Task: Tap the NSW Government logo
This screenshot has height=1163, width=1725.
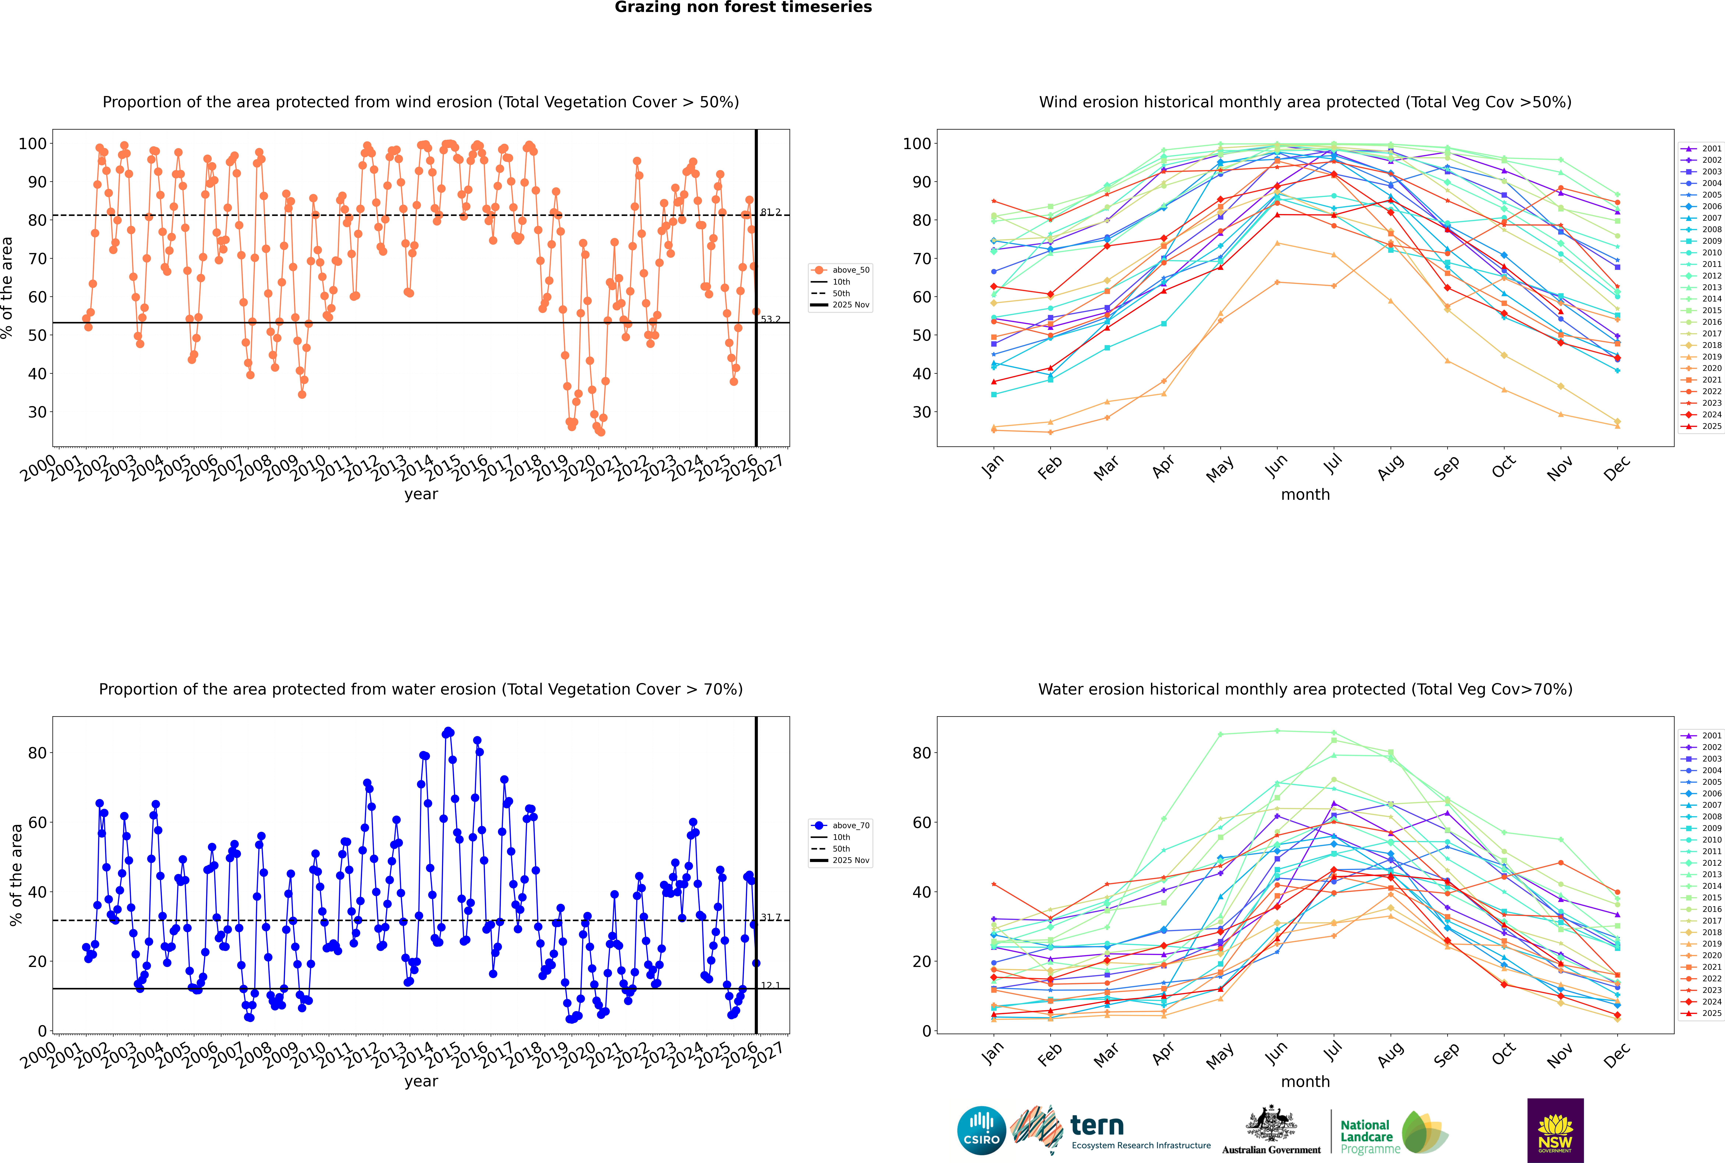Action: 1555,1130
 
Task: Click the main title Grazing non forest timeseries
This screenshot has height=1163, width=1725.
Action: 743,7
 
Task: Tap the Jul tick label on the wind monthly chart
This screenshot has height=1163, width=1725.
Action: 1333,465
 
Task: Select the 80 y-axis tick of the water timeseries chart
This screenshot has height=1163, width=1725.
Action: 37,753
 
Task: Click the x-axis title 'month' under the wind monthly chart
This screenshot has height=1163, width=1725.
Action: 1305,495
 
